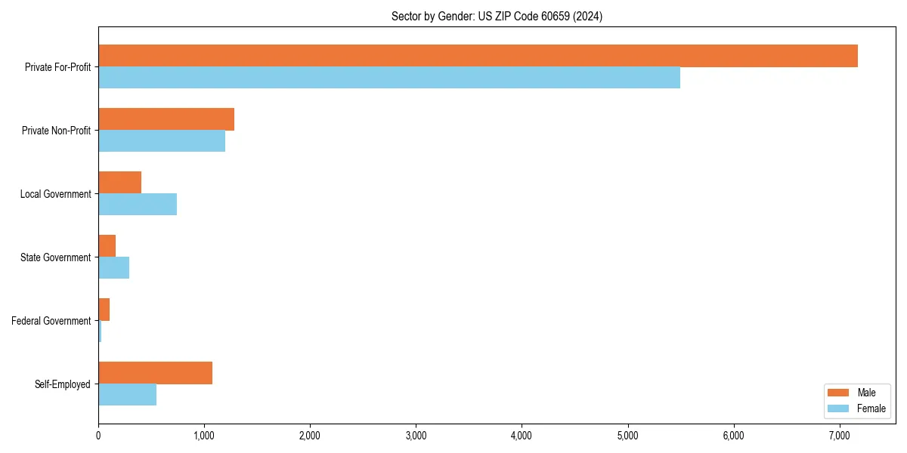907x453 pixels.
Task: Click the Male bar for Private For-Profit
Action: point(478,56)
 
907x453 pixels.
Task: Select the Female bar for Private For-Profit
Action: point(389,78)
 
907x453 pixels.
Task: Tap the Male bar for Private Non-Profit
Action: point(166,119)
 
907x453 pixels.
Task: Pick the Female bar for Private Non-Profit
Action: point(162,141)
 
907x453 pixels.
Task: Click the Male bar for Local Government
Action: point(119,183)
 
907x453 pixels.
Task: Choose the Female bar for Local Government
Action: point(138,205)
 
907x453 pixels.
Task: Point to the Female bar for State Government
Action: point(113,268)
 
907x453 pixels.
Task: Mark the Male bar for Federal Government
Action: point(104,310)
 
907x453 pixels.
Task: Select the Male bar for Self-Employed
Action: point(155,373)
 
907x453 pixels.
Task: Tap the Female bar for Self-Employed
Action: point(127,395)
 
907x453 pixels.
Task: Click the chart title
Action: point(497,16)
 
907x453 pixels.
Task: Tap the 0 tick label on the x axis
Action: point(98,435)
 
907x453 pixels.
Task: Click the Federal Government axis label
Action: point(51,321)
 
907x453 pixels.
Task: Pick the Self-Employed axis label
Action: point(63,384)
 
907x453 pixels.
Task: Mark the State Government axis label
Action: point(56,257)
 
